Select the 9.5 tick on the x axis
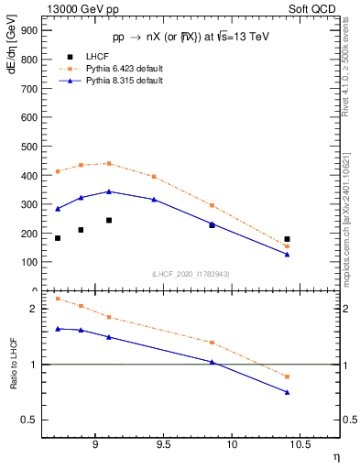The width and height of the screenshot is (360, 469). coord(163,442)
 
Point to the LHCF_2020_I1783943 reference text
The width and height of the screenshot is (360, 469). coord(191,274)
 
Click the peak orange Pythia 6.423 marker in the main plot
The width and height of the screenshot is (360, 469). coord(109,163)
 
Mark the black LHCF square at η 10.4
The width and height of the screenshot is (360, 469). coord(287,239)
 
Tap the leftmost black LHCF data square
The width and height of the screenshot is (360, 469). coord(58,238)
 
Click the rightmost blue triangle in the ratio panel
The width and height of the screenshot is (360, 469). coord(287,392)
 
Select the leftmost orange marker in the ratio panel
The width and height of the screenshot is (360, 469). coord(58,299)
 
